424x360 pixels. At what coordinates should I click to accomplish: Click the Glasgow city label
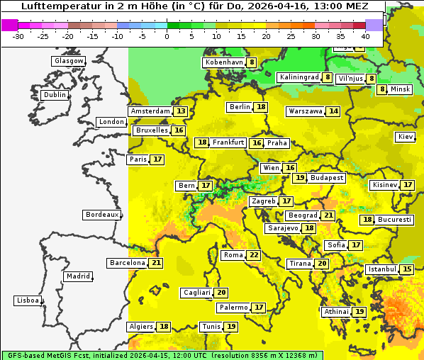pos(69,61)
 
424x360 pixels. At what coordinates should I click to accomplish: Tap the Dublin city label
pos(55,95)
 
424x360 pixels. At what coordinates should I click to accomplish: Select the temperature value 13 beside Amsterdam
pos(181,111)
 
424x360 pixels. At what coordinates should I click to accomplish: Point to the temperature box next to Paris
pos(157,159)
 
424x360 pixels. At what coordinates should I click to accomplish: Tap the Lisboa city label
pos(28,300)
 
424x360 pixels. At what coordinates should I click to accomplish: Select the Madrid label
pos(78,276)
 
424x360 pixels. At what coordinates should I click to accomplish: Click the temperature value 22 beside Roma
pos(254,255)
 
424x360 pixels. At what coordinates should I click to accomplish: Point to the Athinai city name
pos(336,312)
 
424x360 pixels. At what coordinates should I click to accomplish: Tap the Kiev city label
pos(406,137)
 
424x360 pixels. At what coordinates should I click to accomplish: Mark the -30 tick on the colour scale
pos(18,35)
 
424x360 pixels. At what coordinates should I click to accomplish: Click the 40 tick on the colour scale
pos(365,35)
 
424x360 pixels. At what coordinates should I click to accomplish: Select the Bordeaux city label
pos(101,215)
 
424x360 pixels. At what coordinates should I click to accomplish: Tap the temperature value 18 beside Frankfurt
pos(203,142)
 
